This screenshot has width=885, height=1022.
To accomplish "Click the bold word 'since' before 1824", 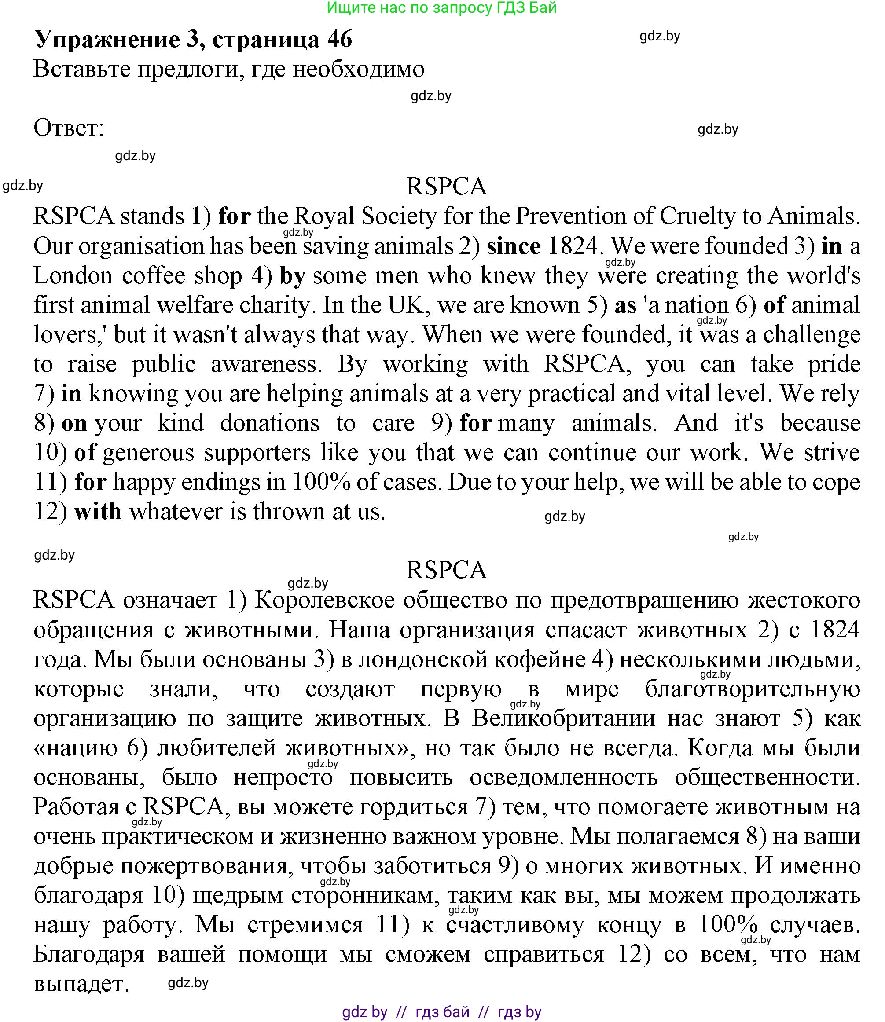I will pyautogui.click(x=513, y=246).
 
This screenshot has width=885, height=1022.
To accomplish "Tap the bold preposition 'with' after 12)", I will pyautogui.click(x=98, y=511).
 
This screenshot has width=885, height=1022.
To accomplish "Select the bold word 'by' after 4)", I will pyautogui.click(x=292, y=275).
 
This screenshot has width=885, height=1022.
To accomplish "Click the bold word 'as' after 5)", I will pyautogui.click(x=625, y=305).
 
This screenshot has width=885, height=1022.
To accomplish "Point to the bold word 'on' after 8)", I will pyautogui.click(x=74, y=423).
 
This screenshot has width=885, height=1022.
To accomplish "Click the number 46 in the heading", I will pyautogui.click(x=339, y=39).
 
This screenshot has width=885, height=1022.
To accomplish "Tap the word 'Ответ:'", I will pyautogui.click(x=69, y=128).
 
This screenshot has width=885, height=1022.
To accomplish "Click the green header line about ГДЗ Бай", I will pyautogui.click(x=442, y=8).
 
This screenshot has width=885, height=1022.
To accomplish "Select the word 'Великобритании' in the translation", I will pyautogui.click(x=563, y=718).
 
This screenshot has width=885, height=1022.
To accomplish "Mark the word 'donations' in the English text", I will pyautogui.click(x=270, y=423).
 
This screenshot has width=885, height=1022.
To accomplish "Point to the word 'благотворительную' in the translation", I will pyautogui.click(x=752, y=689).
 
